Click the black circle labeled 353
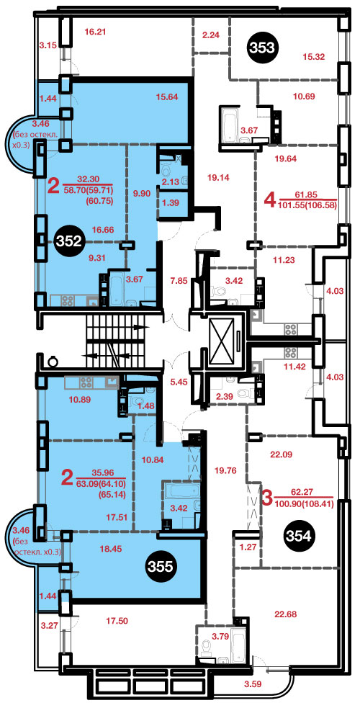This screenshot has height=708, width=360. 262,47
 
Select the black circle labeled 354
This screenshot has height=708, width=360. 300,537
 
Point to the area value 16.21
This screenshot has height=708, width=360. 95,32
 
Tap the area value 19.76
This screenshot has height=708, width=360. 225,470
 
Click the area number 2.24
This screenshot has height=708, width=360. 211,35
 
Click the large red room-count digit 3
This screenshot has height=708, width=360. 267,498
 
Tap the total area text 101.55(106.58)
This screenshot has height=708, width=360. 309,204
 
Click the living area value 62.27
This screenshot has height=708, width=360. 302,492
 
